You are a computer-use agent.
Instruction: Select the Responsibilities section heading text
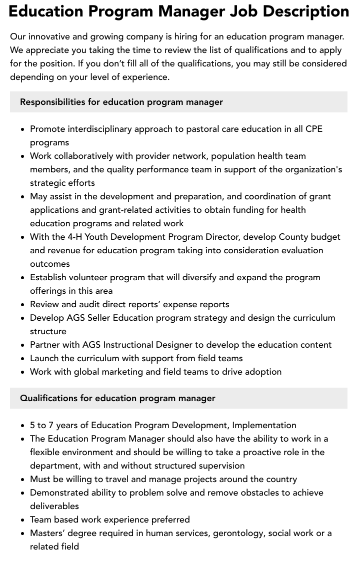click(121, 102)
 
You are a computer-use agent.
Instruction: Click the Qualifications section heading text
click(117, 398)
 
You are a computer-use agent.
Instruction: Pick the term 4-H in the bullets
click(77, 237)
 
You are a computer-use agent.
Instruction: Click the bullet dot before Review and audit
click(23, 305)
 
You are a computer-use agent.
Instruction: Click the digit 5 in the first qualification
click(32, 425)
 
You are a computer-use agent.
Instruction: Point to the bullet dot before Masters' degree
click(23, 534)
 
